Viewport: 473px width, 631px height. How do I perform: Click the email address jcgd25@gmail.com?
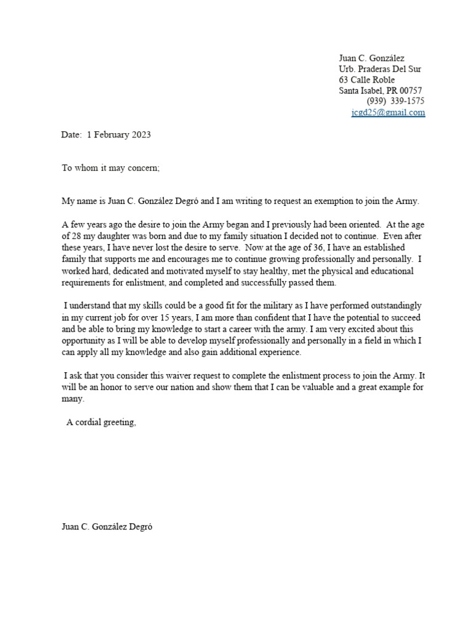pyautogui.click(x=388, y=113)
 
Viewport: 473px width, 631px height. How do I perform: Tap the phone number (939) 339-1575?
pyautogui.click(x=395, y=101)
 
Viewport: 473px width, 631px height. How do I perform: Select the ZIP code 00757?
pyautogui.click(x=410, y=91)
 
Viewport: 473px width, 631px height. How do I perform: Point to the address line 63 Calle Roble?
pyautogui.click(x=367, y=80)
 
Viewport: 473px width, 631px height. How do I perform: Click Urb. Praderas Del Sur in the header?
pyautogui.click(x=380, y=69)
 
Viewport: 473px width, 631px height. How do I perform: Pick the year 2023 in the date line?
pyautogui.click(x=140, y=135)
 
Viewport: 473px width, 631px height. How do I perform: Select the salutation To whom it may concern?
pyautogui.click(x=110, y=168)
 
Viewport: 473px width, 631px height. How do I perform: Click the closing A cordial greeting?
pyautogui.click(x=101, y=422)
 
